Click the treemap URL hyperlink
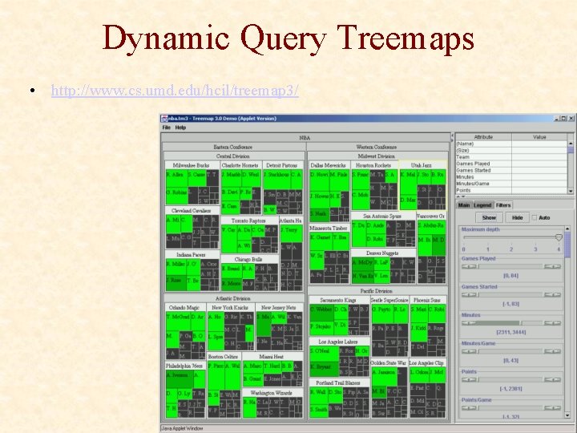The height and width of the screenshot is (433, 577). tap(175, 91)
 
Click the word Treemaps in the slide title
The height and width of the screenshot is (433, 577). tap(406, 38)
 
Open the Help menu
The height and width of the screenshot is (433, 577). tap(180, 127)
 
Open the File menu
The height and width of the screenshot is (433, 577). tap(167, 127)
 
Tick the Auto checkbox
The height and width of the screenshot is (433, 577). tap(535, 217)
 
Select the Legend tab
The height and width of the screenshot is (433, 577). tap(482, 205)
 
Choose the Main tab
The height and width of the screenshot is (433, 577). tap(464, 205)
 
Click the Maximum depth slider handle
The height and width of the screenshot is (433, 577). tap(559, 237)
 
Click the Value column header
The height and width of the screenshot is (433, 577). tap(539, 137)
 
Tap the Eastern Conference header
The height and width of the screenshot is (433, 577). tap(233, 147)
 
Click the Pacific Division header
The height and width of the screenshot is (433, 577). tap(376, 291)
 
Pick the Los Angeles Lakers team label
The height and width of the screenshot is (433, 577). tap(339, 341)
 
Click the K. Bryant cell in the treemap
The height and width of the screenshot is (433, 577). tap(322, 366)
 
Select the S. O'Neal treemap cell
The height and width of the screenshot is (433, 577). tap(323, 350)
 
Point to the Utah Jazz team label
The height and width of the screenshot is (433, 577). tap(421, 164)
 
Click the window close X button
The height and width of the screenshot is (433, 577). tap(571, 118)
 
